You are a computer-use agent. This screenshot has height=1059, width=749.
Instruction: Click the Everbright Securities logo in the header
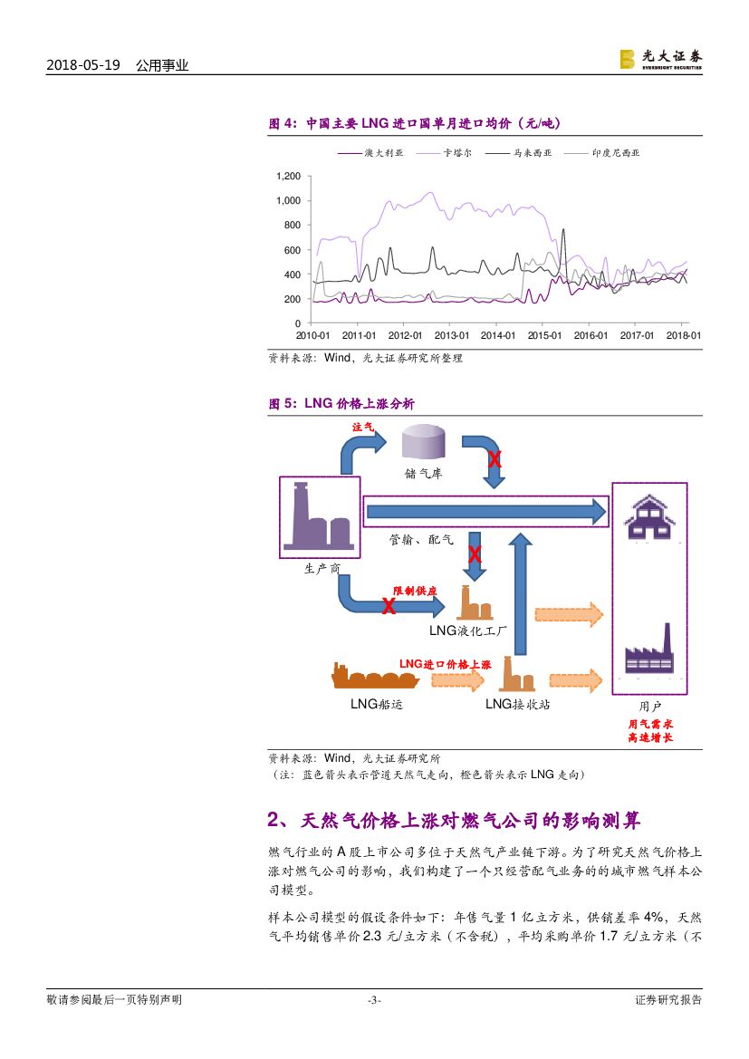[x=660, y=59]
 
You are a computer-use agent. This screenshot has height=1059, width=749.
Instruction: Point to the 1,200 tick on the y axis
[x=289, y=176]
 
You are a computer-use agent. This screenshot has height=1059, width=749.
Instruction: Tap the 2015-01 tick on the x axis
[x=544, y=335]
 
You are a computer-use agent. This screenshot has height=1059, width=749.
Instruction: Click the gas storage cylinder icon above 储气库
[x=424, y=442]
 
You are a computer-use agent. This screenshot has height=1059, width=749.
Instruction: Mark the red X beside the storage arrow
[x=495, y=459]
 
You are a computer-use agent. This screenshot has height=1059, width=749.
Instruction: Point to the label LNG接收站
[x=517, y=704]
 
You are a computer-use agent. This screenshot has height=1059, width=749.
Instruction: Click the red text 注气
[x=362, y=426]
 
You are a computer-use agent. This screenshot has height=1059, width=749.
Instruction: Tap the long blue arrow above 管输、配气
[x=485, y=513]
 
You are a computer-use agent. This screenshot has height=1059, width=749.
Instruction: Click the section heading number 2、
[x=278, y=821]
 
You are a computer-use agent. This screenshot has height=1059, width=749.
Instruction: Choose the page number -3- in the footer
[x=373, y=1000]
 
